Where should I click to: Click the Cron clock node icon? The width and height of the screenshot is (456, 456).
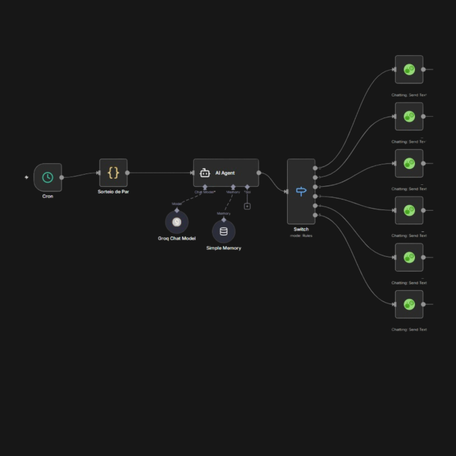click(x=48, y=177)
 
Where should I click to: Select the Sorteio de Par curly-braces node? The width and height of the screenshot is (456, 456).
click(x=113, y=173)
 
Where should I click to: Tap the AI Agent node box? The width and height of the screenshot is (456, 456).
click(x=226, y=173)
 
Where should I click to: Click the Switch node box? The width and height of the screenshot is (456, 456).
click(x=301, y=191)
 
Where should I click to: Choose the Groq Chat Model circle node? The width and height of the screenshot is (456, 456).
click(x=177, y=222)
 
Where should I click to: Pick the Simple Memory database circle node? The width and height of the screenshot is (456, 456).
click(x=224, y=232)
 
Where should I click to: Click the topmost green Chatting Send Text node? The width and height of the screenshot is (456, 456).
click(x=409, y=69)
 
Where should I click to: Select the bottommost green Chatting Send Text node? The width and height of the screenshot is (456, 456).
click(x=409, y=304)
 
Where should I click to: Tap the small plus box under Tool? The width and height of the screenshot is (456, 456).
click(x=247, y=206)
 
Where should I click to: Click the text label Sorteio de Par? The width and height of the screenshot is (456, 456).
click(x=113, y=191)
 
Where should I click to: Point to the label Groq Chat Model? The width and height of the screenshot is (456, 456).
click(x=177, y=238)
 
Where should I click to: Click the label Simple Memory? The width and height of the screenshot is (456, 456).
click(x=224, y=248)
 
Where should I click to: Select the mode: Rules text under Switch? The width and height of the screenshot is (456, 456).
click(x=301, y=236)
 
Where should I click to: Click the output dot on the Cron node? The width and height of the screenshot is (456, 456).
click(x=62, y=177)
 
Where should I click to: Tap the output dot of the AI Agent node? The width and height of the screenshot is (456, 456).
click(x=259, y=173)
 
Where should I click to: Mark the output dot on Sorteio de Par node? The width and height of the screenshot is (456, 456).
click(x=127, y=173)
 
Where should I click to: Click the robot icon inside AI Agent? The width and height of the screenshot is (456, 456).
click(x=205, y=173)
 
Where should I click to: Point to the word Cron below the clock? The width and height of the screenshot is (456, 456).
click(x=48, y=196)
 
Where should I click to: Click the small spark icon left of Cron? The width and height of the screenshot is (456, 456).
click(x=26, y=177)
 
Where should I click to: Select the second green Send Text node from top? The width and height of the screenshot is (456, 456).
click(x=409, y=116)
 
